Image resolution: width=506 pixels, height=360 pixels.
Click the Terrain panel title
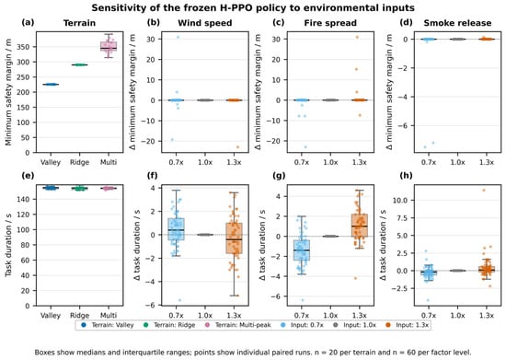[79, 23]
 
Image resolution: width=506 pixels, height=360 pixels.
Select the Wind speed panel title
[205, 23]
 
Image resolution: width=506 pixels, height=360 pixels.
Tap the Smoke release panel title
[457, 23]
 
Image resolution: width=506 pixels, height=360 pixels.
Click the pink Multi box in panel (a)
[109, 46]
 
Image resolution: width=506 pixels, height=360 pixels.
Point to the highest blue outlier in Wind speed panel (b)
[178, 38]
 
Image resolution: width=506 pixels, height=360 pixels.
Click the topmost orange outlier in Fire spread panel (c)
[357, 38]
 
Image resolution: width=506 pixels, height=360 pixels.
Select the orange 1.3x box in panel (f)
[235, 238]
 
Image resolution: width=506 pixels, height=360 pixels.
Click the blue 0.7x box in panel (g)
[302, 250]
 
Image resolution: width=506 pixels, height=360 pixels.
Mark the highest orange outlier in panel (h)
[484, 191]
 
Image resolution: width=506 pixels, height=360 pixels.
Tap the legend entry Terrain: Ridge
[170, 325]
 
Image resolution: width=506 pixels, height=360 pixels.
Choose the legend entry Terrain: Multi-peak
[238, 325]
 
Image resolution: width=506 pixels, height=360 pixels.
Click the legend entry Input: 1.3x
[408, 325]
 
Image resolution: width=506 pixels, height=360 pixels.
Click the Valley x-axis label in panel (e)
[51, 315]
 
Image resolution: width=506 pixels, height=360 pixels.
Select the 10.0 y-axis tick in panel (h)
[399, 201]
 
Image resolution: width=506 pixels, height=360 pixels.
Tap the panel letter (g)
[279, 176]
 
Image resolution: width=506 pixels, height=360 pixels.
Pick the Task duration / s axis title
[8, 246]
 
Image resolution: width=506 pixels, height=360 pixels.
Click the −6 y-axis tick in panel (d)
[404, 126]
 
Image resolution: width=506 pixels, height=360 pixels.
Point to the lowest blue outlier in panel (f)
[179, 300]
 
